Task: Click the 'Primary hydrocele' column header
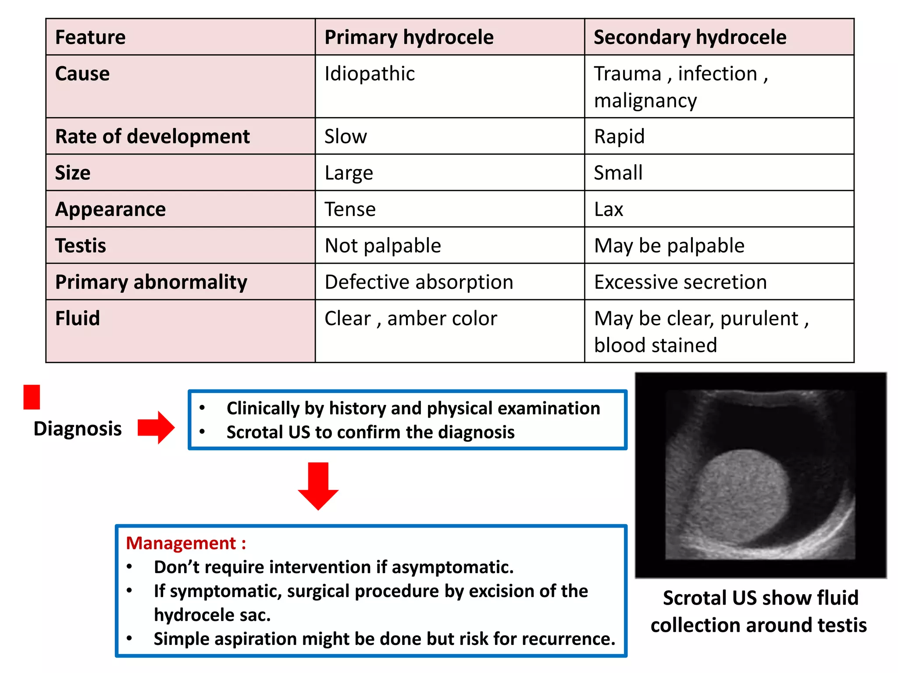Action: coord(409,37)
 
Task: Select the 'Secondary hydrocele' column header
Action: coord(690,37)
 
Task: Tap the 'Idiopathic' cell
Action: coord(370,74)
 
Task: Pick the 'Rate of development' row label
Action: coord(152,136)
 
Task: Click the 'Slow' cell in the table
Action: coord(346,136)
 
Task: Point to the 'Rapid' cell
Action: coord(619,136)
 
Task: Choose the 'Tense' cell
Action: coord(350,209)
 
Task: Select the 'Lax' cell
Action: coord(609,209)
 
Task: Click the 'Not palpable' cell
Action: coord(383,245)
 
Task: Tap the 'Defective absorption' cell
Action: coord(419,282)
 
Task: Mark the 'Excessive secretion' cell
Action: coord(681,282)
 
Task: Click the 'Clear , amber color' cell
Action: coord(411,319)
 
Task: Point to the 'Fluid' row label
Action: coord(78,319)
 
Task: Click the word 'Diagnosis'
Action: coord(78,429)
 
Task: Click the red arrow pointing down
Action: coord(318,485)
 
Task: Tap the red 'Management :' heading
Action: coord(186,543)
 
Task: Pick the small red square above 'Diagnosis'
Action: coord(32,397)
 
